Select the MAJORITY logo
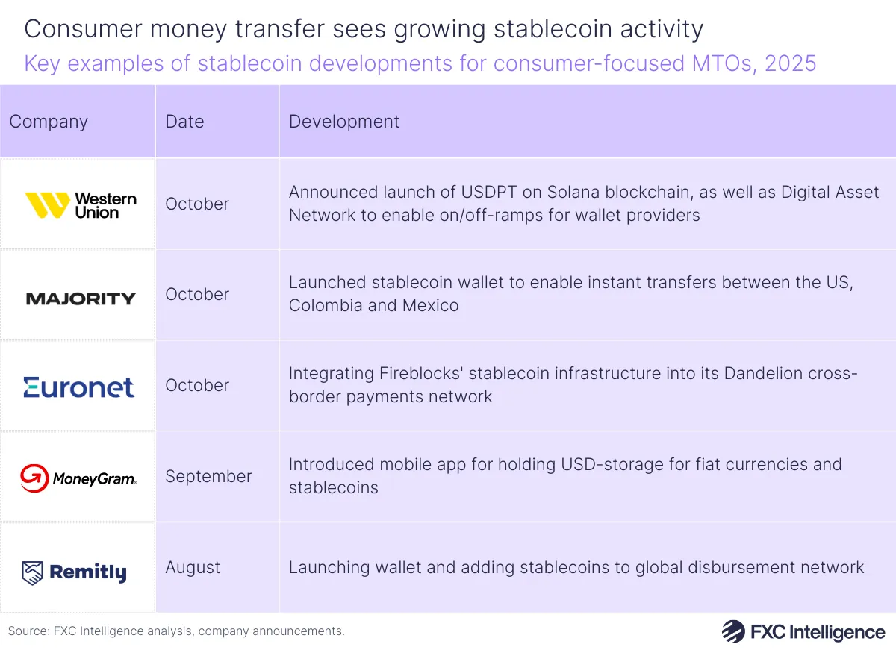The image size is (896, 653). point(81,299)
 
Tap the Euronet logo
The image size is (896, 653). point(78,387)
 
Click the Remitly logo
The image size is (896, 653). point(75,572)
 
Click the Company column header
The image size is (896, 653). point(49,122)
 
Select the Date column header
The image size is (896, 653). point(184,122)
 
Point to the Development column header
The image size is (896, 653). point(344,122)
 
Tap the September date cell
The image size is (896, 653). point(208,476)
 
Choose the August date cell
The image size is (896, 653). point(193,567)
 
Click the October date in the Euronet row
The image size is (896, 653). point(197,385)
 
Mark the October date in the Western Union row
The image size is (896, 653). point(197,204)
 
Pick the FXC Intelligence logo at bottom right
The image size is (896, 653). point(803,631)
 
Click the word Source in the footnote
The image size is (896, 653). point(28,631)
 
